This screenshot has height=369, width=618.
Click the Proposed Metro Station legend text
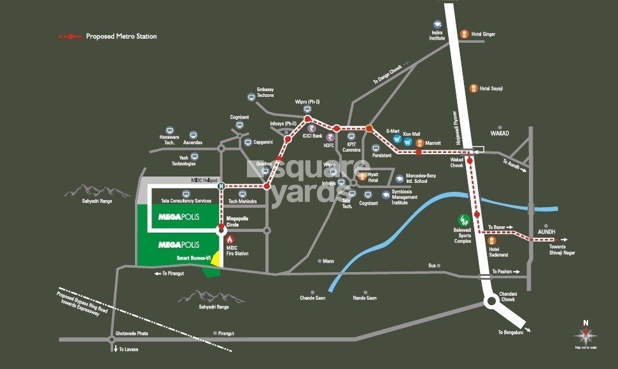coord(121,36)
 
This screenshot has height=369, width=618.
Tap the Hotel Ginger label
coord(483,34)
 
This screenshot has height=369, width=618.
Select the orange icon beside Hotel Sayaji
coord(473,88)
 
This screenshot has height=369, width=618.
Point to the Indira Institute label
coord(437,35)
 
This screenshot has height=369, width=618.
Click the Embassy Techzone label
coord(265,92)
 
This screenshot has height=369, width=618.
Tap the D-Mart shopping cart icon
coord(397,139)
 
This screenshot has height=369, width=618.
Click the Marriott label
coord(433,143)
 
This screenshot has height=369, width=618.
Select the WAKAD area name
coord(501,134)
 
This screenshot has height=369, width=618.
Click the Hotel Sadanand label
coord(499,251)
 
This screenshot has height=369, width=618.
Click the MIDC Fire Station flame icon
coord(230,239)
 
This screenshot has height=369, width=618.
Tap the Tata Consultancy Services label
coord(186,201)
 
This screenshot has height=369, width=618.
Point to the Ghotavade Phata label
coord(132,333)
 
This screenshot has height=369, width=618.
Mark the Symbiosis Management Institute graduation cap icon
coord(386,195)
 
